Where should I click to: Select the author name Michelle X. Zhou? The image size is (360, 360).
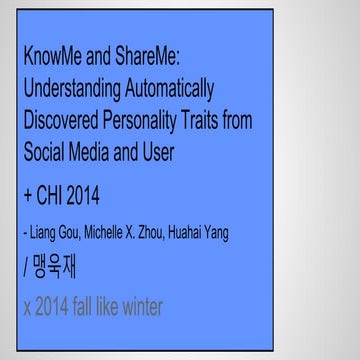pos(138,234)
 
